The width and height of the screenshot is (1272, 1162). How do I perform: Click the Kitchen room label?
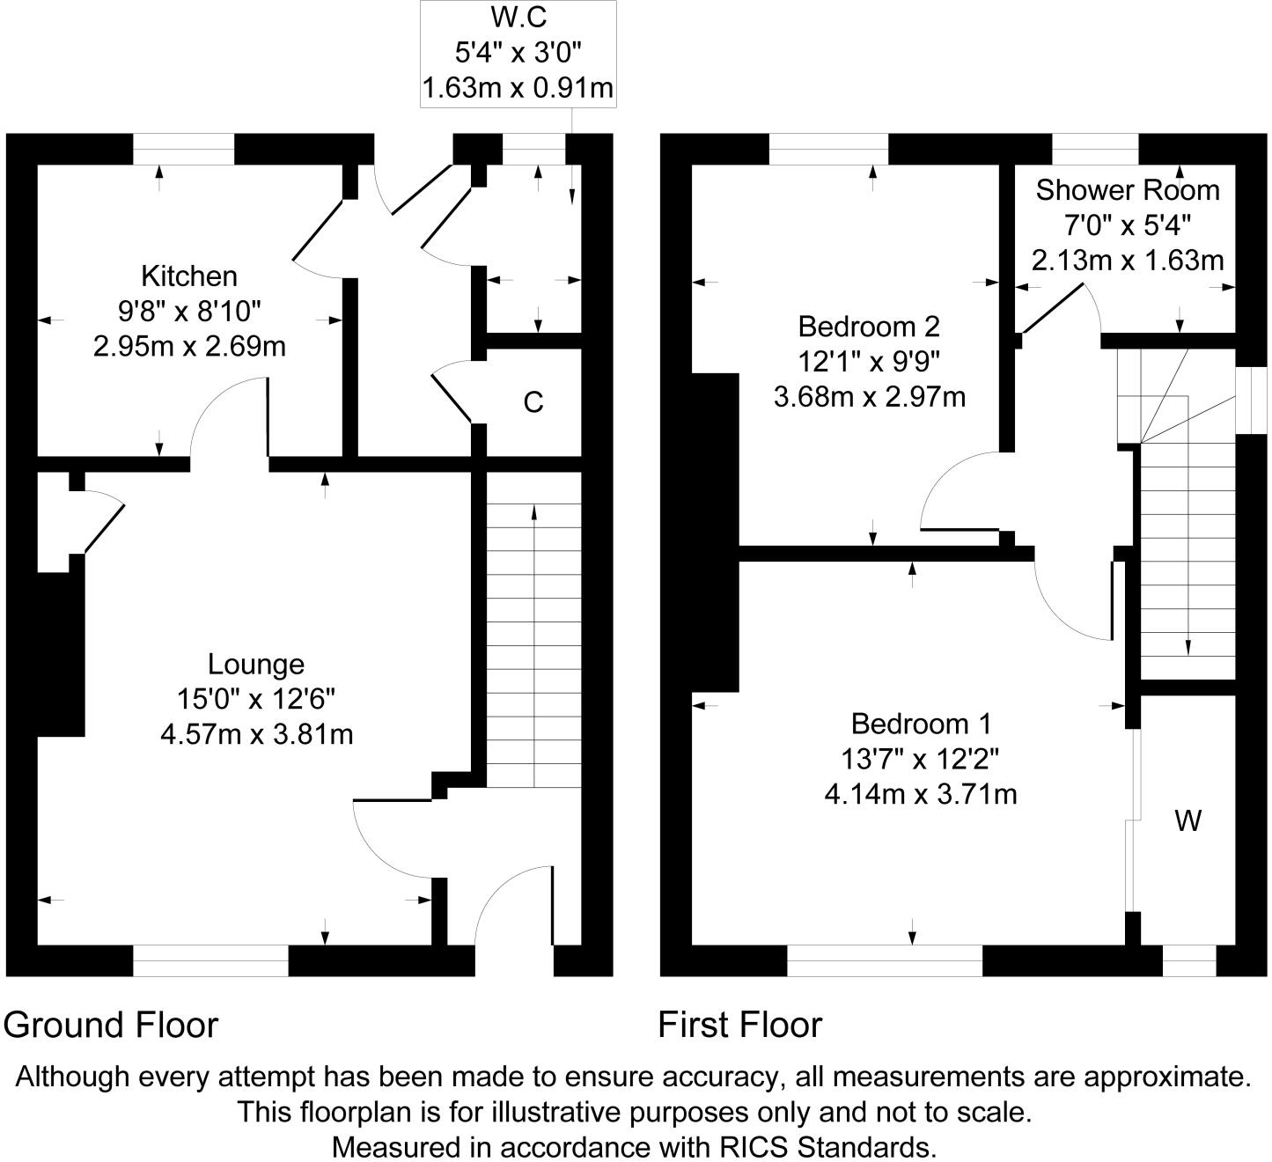pyautogui.click(x=189, y=276)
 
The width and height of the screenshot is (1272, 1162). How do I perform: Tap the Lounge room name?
pyautogui.click(x=256, y=664)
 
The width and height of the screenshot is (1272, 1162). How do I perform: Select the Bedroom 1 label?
pyautogui.click(x=921, y=724)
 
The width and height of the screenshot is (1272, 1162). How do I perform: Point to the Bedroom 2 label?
pyautogui.click(x=869, y=327)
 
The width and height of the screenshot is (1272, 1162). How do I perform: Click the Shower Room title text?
pyautogui.click(x=1128, y=190)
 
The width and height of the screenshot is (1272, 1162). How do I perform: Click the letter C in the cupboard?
pyautogui.click(x=533, y=403)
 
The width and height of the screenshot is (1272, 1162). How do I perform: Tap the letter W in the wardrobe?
pyautogui.click(x=1188, y=821)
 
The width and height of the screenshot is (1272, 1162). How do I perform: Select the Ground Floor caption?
pyautogui.click(x=111, y=1026)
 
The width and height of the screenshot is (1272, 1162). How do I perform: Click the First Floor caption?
pyautogui.click(x=740, y=1026)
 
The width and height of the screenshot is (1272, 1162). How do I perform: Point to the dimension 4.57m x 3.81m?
pyautogui.click(x=256, y=734)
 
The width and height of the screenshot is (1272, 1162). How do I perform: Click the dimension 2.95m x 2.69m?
pyautogui.click(x=189, y=346)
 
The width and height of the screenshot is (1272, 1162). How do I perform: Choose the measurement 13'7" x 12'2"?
pyautogui.click(x=921, y=759)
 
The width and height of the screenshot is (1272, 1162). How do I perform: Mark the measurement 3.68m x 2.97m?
pyautogui.click(x=869, y=397)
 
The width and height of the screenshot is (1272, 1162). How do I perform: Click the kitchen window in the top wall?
pyautogui.click(x=184, y=149)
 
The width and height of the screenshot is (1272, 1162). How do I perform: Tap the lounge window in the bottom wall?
pyautogui.click(x=210, y=960)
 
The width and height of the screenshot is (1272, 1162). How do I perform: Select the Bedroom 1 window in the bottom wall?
pyautogui.click(x=885, y=960)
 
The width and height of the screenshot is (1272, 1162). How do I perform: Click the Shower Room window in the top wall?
pyautogui.click(x=1095, y=149)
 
